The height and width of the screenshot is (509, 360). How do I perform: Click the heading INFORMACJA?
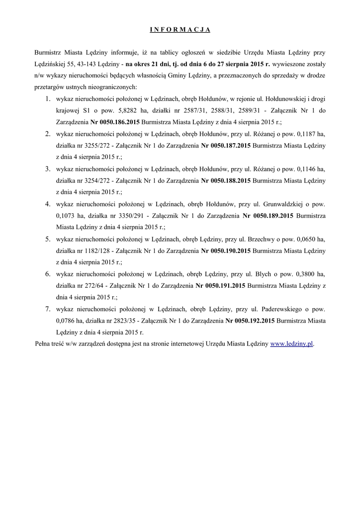[x=180, y=30]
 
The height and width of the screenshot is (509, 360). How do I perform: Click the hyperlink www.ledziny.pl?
[x=292, y=344]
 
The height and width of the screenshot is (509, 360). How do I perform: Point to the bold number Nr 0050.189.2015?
[x=268, y=216]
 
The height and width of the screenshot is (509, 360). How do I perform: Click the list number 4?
[x=47, y=204]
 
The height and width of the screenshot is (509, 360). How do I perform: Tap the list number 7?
[x=47, y=309]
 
